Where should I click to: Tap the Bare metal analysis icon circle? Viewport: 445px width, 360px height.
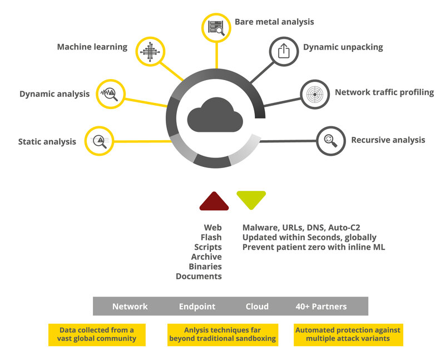[x=216, y=27]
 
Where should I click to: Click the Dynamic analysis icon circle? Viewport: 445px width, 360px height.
[x=110, y=93]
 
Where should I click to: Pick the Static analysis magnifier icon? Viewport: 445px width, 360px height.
[x=99, y=141]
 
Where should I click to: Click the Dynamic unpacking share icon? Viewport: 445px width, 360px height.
[x=284, y=51]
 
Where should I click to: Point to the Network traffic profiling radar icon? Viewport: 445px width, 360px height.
[x=315, y=93]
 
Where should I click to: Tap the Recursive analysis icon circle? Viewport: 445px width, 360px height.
[x=330, y=140]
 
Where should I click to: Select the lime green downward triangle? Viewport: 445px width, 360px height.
[x=251, y=199]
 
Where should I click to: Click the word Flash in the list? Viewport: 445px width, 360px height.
[x=211, y=237]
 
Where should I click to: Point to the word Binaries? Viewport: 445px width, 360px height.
[x=205, y=267]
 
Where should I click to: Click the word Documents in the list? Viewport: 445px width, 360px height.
[x=199, y=276]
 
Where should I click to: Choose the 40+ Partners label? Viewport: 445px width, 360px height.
[x=321, y=307]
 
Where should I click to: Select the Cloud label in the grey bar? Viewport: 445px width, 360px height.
[x=257, y=307]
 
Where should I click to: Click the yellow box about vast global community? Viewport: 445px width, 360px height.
[x=97, y=334]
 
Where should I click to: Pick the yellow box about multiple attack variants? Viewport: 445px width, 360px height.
[x=348, y=334]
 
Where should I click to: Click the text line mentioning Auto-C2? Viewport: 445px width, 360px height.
[x=301, y=227]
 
